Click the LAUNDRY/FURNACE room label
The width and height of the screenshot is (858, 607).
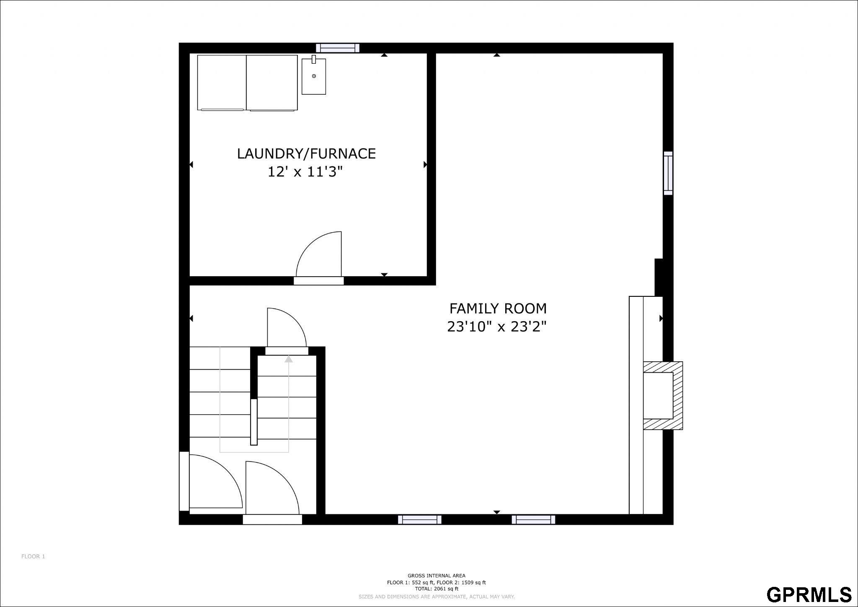tap(306, 154)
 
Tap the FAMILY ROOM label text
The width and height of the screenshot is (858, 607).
tap(498, 309)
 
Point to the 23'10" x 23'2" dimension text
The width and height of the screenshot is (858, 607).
tap(497, 327)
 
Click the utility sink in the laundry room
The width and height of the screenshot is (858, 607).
tap(314, 76)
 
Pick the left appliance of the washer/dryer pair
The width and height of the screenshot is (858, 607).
tap(222, 83)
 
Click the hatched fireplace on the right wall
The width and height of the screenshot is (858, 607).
tap(663, 396)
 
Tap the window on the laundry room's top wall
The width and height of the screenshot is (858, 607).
tap(338, 48)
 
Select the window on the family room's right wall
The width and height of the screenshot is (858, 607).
tap(668, 173)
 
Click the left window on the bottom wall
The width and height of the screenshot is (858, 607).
tap(419, 520)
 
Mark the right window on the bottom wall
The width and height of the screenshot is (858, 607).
tap(533, 520)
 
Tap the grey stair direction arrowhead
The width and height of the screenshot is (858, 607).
tap(288, 359)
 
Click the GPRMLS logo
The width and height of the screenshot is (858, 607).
tap(809, 594)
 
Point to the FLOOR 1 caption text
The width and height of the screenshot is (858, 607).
tap(33, 557)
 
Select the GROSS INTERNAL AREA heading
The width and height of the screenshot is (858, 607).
tap(436, 576)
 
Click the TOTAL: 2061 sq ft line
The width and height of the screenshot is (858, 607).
tap(436, 589)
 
